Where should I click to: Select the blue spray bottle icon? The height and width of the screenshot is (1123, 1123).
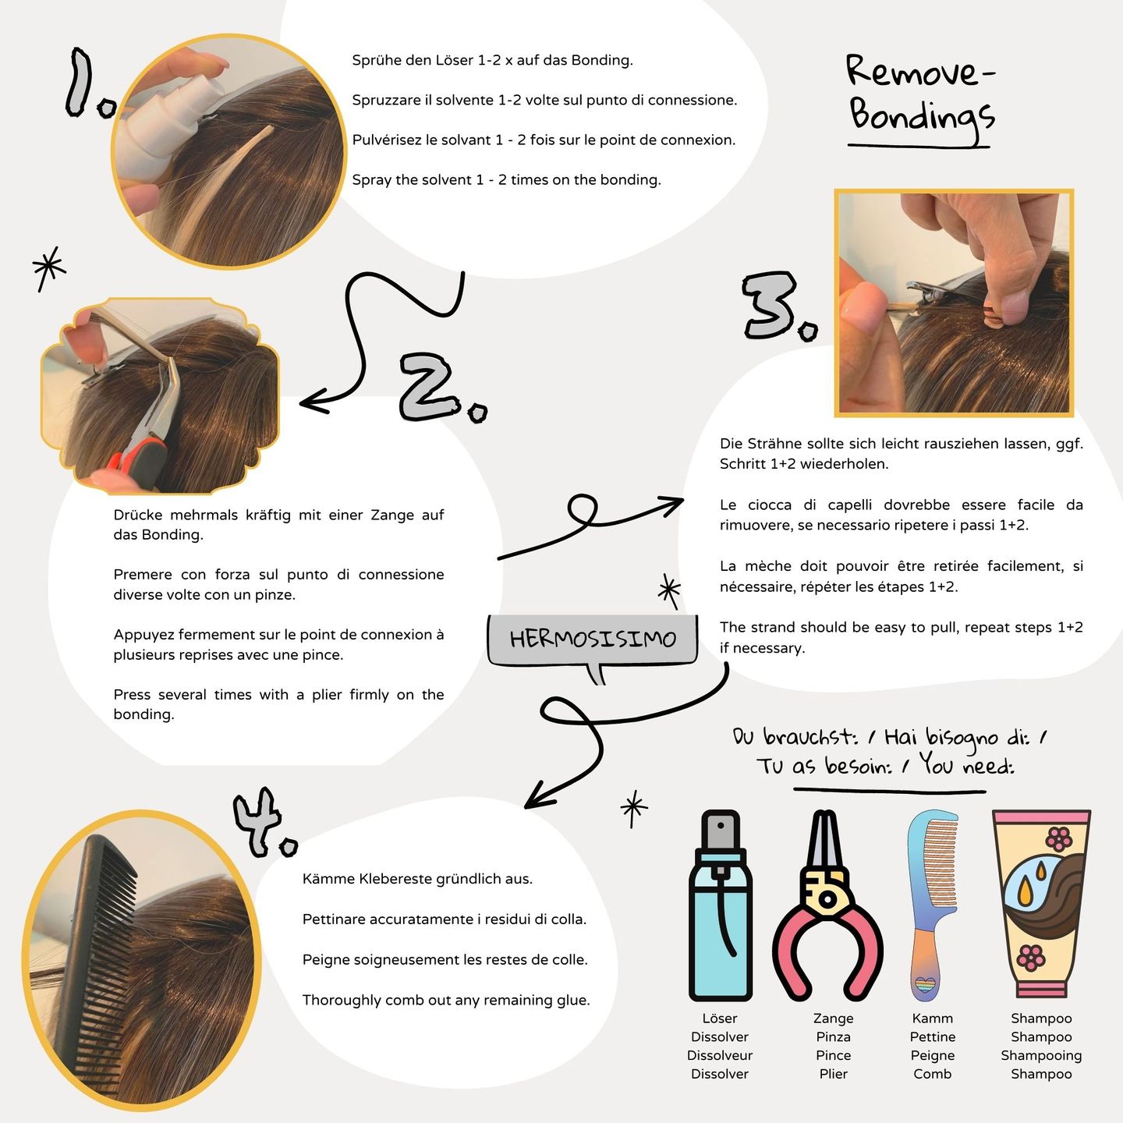(x=721, y=905)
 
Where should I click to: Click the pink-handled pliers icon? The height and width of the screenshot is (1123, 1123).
(x=827, y=905)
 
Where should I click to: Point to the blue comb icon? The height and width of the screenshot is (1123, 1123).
(x=933, y=905)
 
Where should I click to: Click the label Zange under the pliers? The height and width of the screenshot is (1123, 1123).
(x=834, y=1018)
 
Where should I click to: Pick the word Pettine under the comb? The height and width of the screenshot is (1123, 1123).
(x=933, y=1036)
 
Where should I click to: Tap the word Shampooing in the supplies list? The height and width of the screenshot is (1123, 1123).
(x=1041, y=1055)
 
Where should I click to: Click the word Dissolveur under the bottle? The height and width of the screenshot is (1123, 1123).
(x=720, y=1055)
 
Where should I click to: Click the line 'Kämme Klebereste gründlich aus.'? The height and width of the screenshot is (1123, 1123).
(x=417, y=879)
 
